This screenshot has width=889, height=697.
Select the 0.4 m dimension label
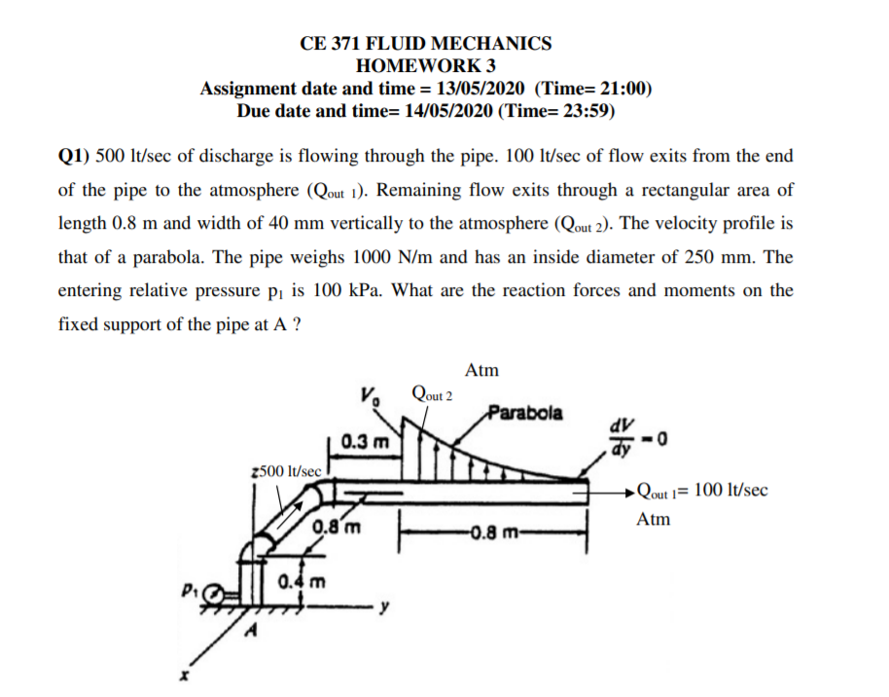[301, 583]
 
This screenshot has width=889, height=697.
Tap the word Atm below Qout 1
[654, 519]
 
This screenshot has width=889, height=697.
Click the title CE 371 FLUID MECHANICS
[426, 44]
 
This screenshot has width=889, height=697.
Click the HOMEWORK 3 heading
[426, 66]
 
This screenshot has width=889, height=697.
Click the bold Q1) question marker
[76, 156]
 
